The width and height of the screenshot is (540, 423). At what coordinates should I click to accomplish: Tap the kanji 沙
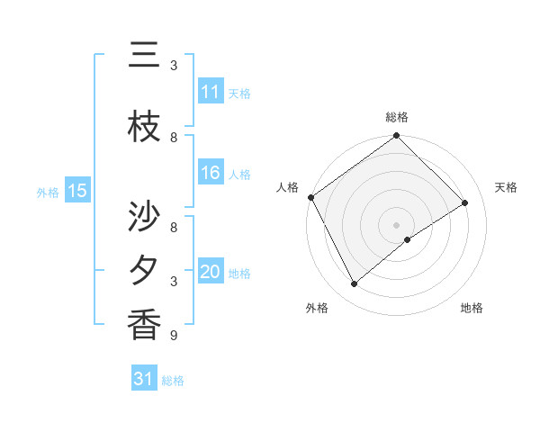click(145, 217)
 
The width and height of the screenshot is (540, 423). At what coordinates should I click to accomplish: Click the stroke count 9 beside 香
click(174, 336)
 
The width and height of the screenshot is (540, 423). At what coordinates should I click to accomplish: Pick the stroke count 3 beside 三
click(174, 66)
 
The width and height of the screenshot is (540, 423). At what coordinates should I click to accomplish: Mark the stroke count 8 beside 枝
click(174, 138)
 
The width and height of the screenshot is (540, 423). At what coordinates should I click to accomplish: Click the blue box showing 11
click(211, 92)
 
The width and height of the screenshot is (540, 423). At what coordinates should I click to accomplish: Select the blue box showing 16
click(211, 173)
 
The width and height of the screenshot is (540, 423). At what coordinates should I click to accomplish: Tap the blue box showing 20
click(211, 272)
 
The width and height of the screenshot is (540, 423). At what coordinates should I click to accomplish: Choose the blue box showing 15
click(77, 191)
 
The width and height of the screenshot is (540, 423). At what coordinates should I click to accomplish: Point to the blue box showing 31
click(144, 380)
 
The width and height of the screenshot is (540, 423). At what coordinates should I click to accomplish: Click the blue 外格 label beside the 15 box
click(48, 192)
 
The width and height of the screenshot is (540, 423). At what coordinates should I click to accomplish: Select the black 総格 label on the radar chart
click(397, 117)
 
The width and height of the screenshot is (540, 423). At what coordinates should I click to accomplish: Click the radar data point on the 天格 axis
click(465, 203)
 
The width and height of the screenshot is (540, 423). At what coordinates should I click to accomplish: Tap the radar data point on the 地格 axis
click(408, 239)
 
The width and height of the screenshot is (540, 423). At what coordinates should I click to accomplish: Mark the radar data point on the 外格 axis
click(355, 284)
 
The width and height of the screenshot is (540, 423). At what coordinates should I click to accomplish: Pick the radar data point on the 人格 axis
click(310, 197)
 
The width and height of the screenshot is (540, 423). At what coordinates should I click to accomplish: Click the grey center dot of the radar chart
click(397, 224)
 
